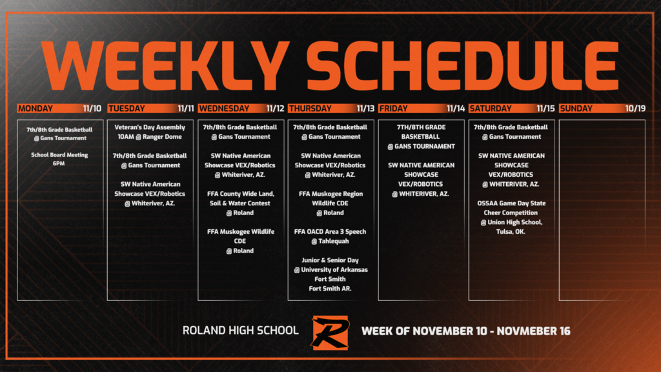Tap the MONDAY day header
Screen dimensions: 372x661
click(x=36, y=108)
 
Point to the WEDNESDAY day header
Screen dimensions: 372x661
click(x=223, y=108)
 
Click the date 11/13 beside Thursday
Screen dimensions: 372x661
click(x=365, y=108)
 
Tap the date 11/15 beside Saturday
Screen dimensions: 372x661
click(x=546, y=108)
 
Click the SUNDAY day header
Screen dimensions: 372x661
click(x=576, y=108)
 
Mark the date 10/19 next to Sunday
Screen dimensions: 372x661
click(x=636, y=108)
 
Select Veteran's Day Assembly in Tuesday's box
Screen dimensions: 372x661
click(x=150, y=127)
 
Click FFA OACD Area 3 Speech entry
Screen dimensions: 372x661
click(x=330, y=231)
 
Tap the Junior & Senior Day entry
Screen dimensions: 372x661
click(x=330, y=260)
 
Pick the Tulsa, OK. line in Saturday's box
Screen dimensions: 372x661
click(x=511, y=231)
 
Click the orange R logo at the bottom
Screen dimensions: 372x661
click(x=329, y=331)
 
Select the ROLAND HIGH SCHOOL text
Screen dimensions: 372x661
click(x=240, y=331)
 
